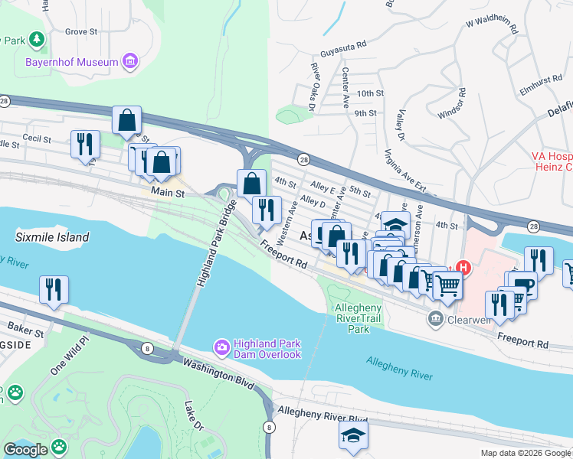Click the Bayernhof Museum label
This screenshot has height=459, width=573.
tap(72, 62)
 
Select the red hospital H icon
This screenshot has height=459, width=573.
tap(462, 268)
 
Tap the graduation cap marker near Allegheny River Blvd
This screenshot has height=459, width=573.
tap(353, 435)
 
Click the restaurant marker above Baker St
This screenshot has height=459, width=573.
tap(53, 289)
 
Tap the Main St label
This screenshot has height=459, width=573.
tap(169, 194)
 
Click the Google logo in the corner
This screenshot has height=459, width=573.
tap(25, 450)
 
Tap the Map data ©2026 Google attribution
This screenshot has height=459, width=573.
tap(526, 453)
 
